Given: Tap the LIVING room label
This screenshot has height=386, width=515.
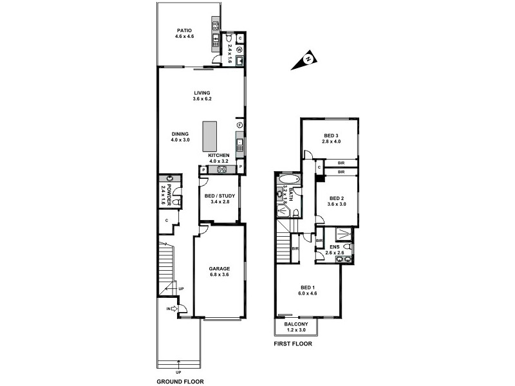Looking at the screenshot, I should click(x=201, y=93).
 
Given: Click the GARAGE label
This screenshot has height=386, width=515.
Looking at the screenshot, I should click(x=219, y=268).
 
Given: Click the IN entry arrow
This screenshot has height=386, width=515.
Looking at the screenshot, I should click(x=174, y=309).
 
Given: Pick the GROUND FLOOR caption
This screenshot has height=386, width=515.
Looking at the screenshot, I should click(x=182, y=381).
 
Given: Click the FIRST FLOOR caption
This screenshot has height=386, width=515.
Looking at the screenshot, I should click(x=293, y=344).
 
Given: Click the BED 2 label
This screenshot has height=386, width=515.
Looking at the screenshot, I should click(x=337, y=198).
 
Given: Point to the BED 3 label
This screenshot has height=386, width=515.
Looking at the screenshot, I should click(x=331, y=136).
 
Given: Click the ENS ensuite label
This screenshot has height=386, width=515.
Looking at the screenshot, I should click(x=335, y=246).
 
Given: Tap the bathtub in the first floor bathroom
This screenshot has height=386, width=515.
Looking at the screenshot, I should click(x=288, y=179).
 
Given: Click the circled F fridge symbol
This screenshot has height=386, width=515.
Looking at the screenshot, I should click(x=239, y=125).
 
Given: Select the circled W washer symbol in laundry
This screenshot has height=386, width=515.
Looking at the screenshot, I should click(x=239, y=49).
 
